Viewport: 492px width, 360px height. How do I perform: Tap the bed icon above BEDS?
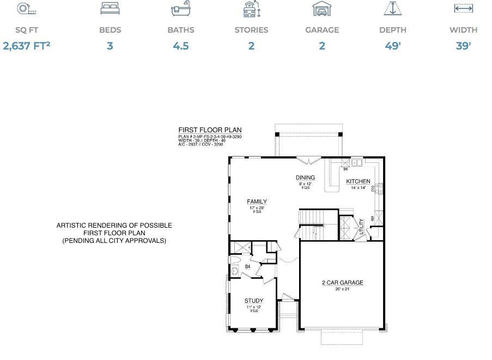click(110, 9)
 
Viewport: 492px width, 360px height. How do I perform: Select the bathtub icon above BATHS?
click(180, 9)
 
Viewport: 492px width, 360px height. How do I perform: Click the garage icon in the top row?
click(322, 9)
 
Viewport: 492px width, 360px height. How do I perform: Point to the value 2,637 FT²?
click(26, 46)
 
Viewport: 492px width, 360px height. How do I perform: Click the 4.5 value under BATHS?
click(180, 46)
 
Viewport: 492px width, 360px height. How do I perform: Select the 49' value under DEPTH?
click(393, 46)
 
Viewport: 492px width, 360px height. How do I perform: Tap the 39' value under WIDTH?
click(463, 46)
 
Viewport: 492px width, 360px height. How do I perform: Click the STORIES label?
click(251, 30)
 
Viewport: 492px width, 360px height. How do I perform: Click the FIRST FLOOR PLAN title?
click(210, 130)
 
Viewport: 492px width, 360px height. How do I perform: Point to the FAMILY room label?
click(257, 202)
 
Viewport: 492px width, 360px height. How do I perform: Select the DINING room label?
click(305, 178)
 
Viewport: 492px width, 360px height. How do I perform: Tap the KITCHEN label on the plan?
click(358, 181)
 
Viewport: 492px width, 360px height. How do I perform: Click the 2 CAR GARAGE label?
click(342, 283)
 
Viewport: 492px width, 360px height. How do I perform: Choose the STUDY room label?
click(254, 301)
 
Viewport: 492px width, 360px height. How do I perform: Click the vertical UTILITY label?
click(362, 227)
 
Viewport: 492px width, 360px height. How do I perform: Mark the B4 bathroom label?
click(247, 267)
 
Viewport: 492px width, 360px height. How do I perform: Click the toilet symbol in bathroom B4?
click(234, 270)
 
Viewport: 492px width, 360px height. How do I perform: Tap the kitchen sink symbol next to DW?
click(357, 162)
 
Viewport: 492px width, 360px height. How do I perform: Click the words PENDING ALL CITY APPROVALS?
click(114, 240)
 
